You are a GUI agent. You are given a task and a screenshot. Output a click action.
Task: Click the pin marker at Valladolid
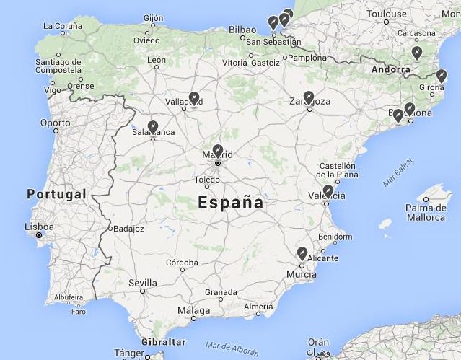(193, 98)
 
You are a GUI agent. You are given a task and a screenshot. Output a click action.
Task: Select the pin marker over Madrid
(218, 151)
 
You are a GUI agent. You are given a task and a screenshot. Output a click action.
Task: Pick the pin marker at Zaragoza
(309, 97)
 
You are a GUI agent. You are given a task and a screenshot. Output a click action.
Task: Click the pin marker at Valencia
(328, 191)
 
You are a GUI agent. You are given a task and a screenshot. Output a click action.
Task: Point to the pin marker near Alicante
(302, 253)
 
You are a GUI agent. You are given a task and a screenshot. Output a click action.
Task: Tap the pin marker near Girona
(442, 76)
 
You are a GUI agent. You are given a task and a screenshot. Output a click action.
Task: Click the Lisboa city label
(39, 227)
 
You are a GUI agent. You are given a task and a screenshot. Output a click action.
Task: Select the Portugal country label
(56, 194)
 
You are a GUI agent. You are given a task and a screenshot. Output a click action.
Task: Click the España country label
(231, 203)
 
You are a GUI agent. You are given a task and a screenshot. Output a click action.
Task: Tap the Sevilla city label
(143, 283)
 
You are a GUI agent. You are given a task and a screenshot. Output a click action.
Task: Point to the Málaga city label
(194, 311)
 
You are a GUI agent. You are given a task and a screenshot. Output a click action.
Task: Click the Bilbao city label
(242, 30)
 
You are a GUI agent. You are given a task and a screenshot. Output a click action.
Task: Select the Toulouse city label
(387, 14)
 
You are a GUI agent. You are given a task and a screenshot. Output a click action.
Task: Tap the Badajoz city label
(129, 229)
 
